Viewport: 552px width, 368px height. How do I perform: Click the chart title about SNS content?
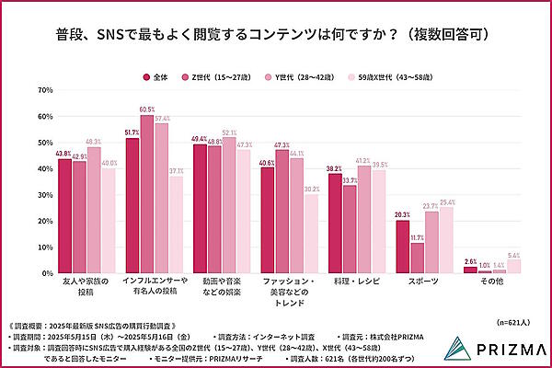click(275, 35)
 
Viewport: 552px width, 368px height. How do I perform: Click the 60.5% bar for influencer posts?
click(146, 194)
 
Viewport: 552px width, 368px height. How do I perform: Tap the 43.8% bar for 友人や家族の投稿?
click(64, 216)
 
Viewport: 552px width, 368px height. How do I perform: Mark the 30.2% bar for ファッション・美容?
click(311, 234)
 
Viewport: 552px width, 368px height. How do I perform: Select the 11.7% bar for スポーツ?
click(417, 258)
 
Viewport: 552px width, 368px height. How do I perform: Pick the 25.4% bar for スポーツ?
click(446, 240)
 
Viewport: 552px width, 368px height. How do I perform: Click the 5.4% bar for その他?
click(513, 267)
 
